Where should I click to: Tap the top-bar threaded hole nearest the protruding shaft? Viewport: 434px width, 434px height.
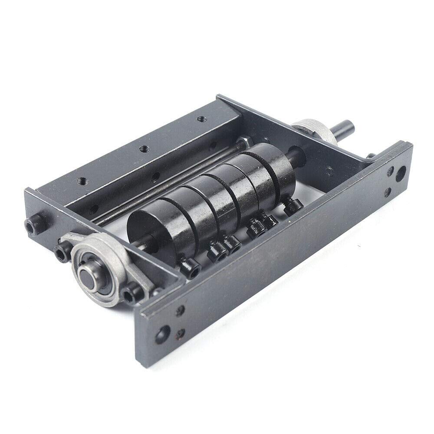pos(200,118)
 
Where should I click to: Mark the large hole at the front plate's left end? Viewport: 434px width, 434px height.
pos(164,334)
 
